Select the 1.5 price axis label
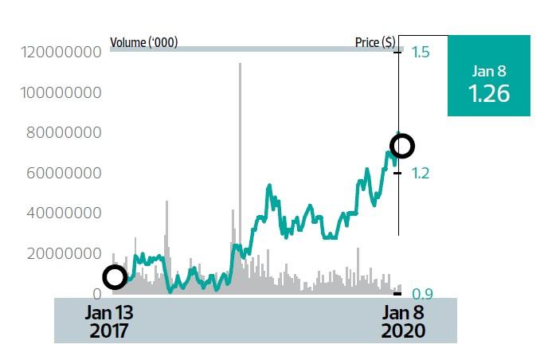click(x=421, y=53)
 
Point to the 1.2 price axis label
click(x=421, y=173)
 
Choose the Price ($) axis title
click(x=374, y=41)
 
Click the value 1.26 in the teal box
click(x=488, y=93)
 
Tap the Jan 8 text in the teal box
click(x=488, y=71)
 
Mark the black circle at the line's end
click(x=402, y=146)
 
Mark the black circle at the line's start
click(x=115, y=277)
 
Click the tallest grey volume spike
click(x=240, y=159)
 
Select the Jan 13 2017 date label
click(x=109, y=320)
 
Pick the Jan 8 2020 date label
click(x=402, y=320)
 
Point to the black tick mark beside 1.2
click(x=397, y=173)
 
